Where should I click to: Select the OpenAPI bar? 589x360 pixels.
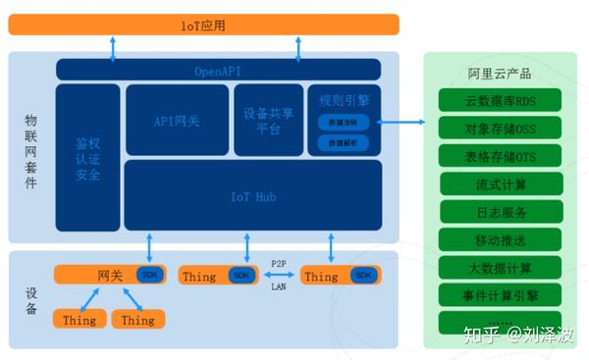218,70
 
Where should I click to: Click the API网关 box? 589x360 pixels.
177,120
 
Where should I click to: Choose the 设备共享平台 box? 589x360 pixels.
268,120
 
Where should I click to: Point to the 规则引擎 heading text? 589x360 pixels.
344,100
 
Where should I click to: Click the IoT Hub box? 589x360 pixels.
252,195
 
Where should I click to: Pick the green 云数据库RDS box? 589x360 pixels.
499,100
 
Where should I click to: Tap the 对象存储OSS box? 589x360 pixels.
499,129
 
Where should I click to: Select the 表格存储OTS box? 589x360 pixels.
499,156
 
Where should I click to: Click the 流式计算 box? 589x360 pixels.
499,183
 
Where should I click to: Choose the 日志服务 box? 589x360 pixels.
499,212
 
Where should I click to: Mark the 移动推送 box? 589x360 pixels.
499,239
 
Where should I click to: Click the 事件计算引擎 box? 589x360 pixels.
499,295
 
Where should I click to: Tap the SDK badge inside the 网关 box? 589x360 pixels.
149,275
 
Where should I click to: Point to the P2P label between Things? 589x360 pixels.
278,264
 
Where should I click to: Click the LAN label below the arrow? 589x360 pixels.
278,287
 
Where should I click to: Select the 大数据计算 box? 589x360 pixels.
499,268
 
